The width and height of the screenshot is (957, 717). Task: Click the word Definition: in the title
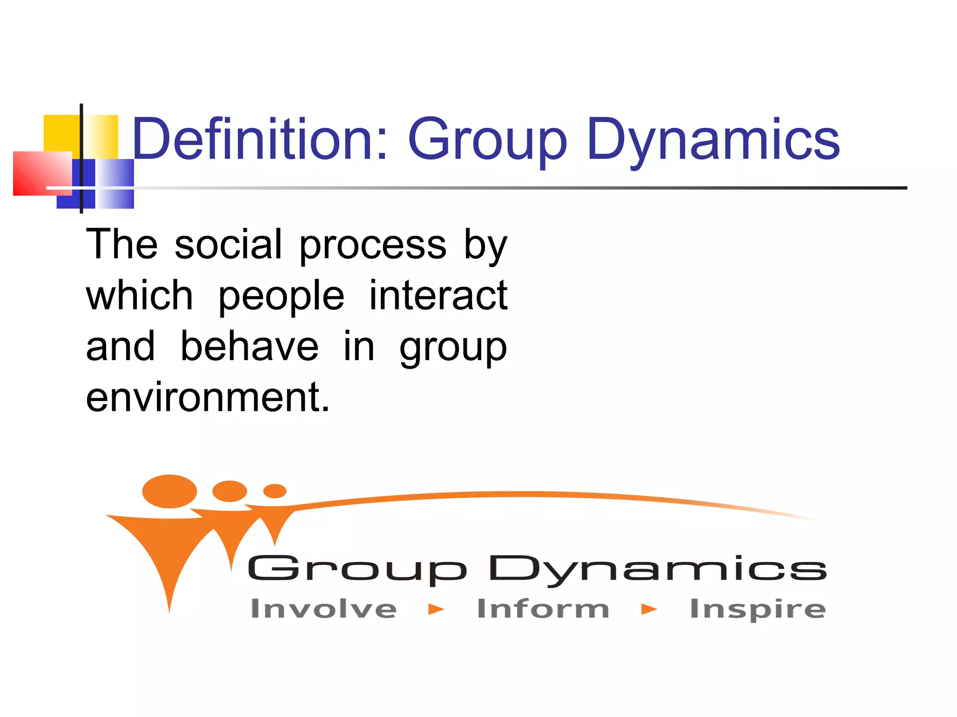[x=260, y=139]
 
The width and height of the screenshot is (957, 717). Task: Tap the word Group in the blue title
[x=487, y=140]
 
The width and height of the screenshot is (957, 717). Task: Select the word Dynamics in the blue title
[x=713, y=140]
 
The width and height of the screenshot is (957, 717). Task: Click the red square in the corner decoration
[x=41, y=173]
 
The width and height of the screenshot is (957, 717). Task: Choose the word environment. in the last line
[x=207, y=397]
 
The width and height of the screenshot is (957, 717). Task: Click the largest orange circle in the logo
[x=169, y=491]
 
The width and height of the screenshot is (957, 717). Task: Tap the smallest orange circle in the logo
[x=275, y=491]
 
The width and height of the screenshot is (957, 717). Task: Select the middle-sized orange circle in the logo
[x=229, y=491]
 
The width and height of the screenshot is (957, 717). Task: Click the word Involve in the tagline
[x=323, y=609]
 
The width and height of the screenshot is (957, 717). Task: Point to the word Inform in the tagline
[x=543, y=609]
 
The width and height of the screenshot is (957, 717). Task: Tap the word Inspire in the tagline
[x=757, y=610]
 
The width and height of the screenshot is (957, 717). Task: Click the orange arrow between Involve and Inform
[x=436, y=609]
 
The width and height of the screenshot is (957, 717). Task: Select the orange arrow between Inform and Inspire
[x=649, y=609]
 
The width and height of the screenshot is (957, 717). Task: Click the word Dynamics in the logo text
[x=657, y=569]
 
